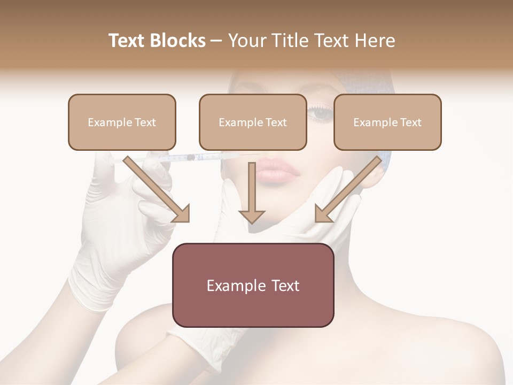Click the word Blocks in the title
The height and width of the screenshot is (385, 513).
click(x=177, y=41)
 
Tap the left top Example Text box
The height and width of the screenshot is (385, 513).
click(x=122, y=122)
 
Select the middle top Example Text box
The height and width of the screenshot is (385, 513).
click(x=253, y=122)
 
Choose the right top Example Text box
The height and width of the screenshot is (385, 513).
click(x=387, y=122)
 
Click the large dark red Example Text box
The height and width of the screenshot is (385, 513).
click(x=253, y=285)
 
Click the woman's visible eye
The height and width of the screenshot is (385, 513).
click(x=321, y=113)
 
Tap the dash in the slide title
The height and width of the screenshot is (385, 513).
click(x=216, y=41)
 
